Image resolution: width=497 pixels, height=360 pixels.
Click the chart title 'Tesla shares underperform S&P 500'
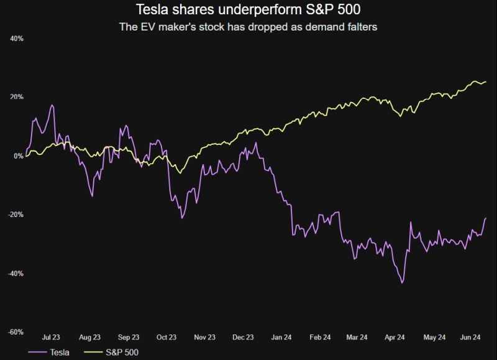(248, 11)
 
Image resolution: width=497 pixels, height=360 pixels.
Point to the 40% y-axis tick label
(17, 39)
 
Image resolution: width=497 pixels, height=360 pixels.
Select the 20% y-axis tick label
(17, 97)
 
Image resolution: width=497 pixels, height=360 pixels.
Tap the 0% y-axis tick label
(19, 155)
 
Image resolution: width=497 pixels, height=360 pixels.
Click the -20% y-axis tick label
(16, 215)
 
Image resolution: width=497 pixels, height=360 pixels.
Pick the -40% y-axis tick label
(16, 273)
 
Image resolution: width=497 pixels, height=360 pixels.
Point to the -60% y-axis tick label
(16, 332)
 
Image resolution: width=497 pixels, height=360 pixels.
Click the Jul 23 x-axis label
(51, 338)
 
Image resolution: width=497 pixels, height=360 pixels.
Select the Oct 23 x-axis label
(166, 338)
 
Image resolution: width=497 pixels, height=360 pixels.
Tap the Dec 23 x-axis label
(243, 338)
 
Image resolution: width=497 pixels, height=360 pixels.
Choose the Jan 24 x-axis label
(281, 338)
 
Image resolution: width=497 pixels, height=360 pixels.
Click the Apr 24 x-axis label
(396, 338)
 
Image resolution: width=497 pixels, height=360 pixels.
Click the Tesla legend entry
(49, 353)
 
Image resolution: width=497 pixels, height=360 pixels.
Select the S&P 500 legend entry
(114, 353)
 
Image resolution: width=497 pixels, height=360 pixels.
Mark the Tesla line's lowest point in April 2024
(403, 283)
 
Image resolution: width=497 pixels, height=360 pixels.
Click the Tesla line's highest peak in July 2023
(53, 105)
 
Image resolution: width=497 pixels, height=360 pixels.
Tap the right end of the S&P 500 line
(486, 82)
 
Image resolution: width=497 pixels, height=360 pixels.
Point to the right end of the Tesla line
(486, 218)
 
